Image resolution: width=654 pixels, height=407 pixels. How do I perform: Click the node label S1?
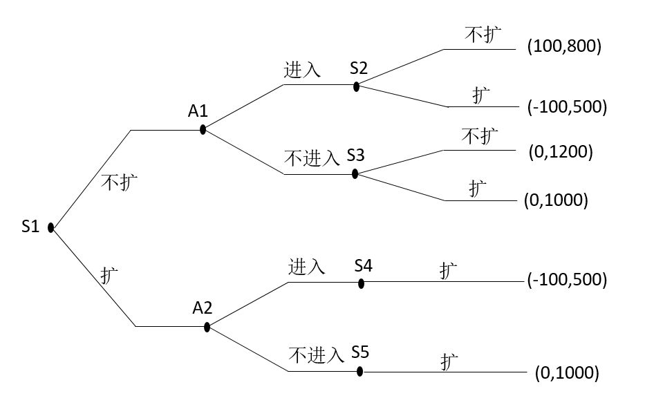pos(30,226)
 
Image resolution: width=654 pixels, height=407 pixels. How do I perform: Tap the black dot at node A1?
pos(203,129)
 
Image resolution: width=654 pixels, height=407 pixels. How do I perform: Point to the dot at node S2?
pos(356,86)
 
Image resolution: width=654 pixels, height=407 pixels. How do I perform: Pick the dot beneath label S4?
pos(361,282)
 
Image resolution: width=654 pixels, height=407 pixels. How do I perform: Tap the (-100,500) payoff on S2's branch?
pos(566,107)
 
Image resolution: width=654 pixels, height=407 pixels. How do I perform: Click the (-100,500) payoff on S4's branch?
pos(566,280)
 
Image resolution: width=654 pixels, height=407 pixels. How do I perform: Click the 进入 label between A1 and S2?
pos(302,70)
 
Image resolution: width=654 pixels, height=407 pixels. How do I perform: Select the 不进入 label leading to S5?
pos(316,356)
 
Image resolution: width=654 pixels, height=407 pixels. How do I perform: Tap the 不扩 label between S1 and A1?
pos(120,182)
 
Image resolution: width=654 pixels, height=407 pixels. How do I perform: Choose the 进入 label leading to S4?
pos(307,266)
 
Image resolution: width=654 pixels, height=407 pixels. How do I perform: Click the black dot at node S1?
pos(51,227)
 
